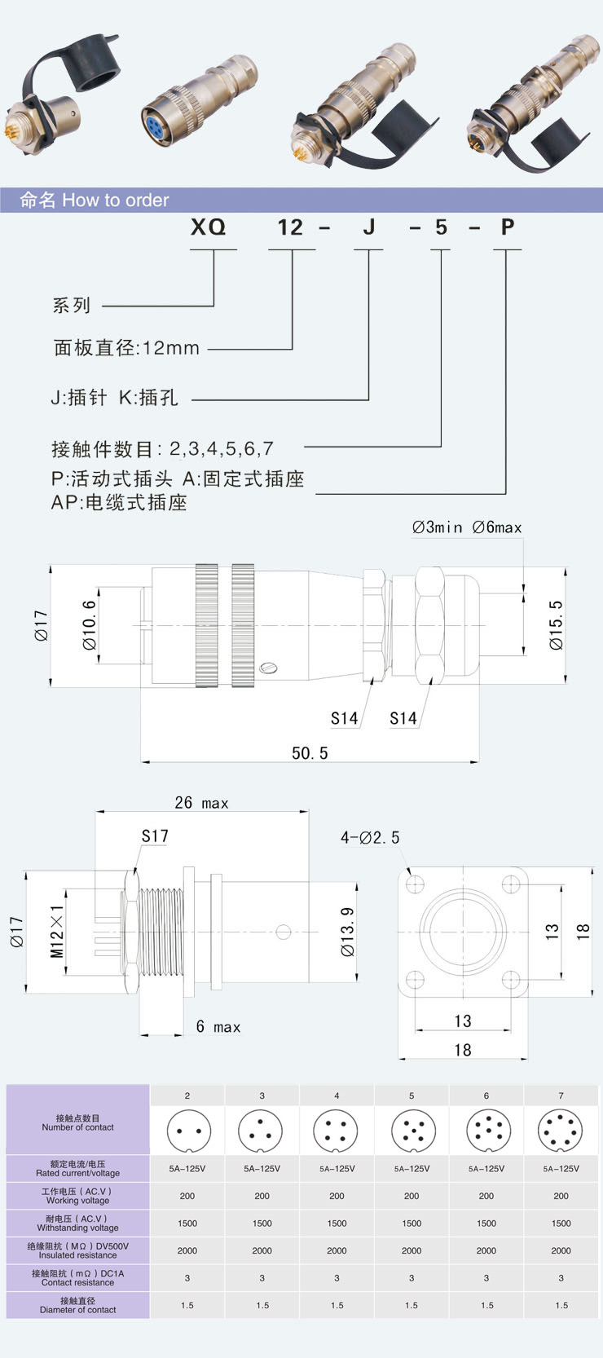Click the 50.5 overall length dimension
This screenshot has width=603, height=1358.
[x=310, y=753]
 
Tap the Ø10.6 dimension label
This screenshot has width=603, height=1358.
[x=90, y=625]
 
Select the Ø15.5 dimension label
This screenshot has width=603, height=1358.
[x=556, y=625]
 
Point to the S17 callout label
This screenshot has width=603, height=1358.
[x=155, y=836]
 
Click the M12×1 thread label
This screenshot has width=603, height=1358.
[x=57, y=932]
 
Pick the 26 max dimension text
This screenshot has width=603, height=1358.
[x=201, y=803]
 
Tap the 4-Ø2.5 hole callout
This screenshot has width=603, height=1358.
[x=370, y=838]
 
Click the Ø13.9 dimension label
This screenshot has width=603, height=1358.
[x=348, y=932]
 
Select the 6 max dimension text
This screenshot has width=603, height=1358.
[x=218, y=1027]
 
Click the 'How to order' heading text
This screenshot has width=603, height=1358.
[x=115, y=201]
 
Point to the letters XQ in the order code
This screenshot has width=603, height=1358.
[x=208, y=227]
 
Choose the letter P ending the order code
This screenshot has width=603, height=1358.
[x=508, y=227]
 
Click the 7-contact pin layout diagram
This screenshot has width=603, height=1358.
[x=561, y=1131]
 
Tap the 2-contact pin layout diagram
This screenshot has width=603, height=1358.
[x=187, y=1131]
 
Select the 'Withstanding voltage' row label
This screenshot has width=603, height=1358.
[x=77, y=1224]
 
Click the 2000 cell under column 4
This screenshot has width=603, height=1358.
[x=337, y=1250]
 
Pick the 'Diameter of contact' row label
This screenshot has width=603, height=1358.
[x=77, y=1305]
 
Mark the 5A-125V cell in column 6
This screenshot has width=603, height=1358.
[x=486, y=1169]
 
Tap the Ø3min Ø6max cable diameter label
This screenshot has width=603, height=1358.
[x=466, y=527]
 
